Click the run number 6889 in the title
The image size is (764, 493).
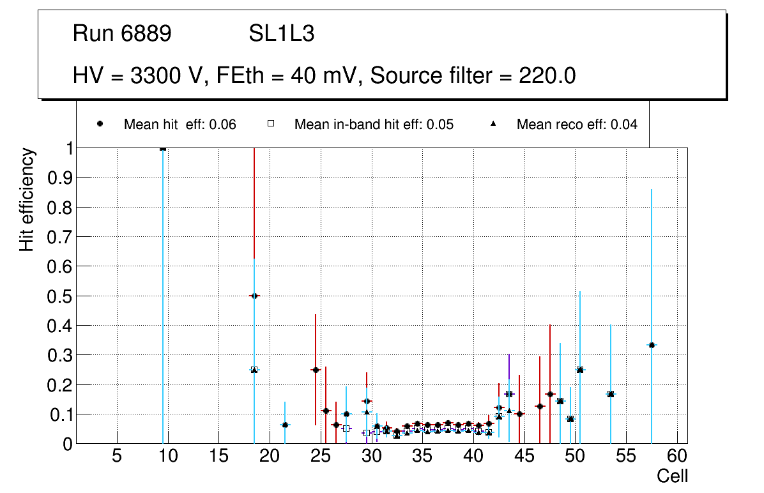point(146,34)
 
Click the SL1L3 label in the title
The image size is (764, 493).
point(282,34)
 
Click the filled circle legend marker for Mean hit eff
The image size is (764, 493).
point(100,125)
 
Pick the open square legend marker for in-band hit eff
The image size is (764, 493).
point(270,125)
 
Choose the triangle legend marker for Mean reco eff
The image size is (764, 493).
point(493,125)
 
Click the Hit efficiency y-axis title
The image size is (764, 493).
point(27,200)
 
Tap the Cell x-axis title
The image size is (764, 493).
point(673,476)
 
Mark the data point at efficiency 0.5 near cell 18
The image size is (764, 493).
point(254,296)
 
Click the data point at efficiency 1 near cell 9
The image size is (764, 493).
point(163,148)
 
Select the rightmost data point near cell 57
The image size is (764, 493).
point(652,345)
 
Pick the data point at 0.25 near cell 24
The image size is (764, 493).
point(316,370)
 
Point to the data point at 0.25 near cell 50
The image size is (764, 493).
point(580,370)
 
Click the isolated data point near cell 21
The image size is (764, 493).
point(285,425)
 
